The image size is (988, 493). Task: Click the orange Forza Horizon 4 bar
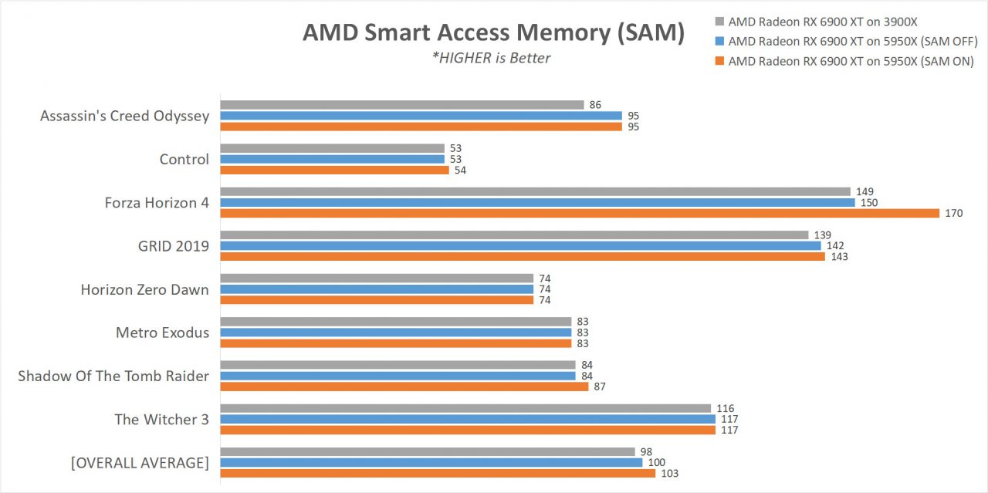tap(580, 213)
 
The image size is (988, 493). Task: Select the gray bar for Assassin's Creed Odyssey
tap(401, 105)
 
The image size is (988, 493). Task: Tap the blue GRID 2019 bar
tap(520, 245)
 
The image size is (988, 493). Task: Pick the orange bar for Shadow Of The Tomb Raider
tap(404, 387)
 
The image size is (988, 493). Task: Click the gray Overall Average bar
tap(428, 451)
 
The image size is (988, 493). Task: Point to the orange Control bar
tap(334, 170)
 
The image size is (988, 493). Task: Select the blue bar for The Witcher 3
tap(468, 419)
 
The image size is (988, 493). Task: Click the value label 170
tap(954, 213)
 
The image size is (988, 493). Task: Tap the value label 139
tap(823, 235)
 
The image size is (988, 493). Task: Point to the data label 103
tap(669, 473)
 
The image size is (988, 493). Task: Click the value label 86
tap(595, 105)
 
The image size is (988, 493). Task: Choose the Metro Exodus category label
tap(162, 333)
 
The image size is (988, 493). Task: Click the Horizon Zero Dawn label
tap(144, 289)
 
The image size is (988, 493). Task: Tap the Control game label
tap(184, 159)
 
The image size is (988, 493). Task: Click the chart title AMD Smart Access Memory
tap(493, 32)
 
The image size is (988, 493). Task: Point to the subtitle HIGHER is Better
tap(492, 58)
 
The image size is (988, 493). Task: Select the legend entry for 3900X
tap(824, 22)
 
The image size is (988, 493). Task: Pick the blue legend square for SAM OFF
tap(719, 42)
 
